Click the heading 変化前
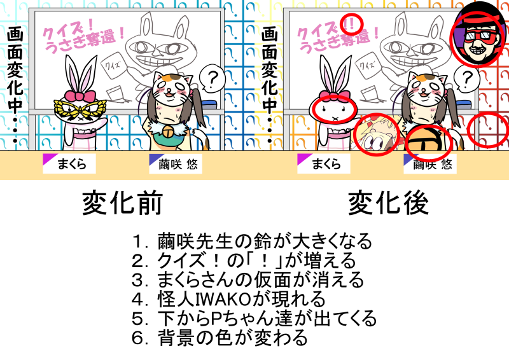(x=122, y=203)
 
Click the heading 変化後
(x=388, y=203)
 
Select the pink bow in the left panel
(x=80, y=96)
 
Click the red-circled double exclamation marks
(x=352, y=24)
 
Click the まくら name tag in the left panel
(x=69, y=163)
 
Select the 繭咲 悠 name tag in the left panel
(x=176, y=163)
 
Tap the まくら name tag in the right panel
(x=324, y=163)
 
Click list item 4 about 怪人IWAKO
(x=228, y=299)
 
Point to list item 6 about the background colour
(x=220, y=338)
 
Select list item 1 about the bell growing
(x=252, y=241)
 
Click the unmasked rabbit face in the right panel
(x=335, y=111)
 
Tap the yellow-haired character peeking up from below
(x=376, y=134)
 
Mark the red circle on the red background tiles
(x=488, y=130)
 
